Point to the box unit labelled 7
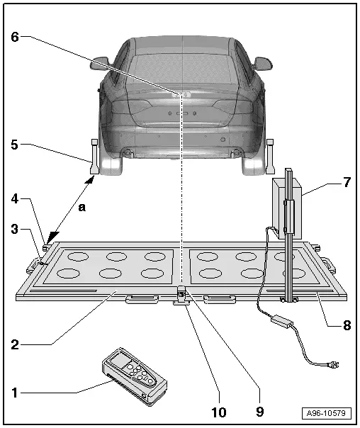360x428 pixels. point(288,207)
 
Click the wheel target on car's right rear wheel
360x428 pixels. point(269,155)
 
